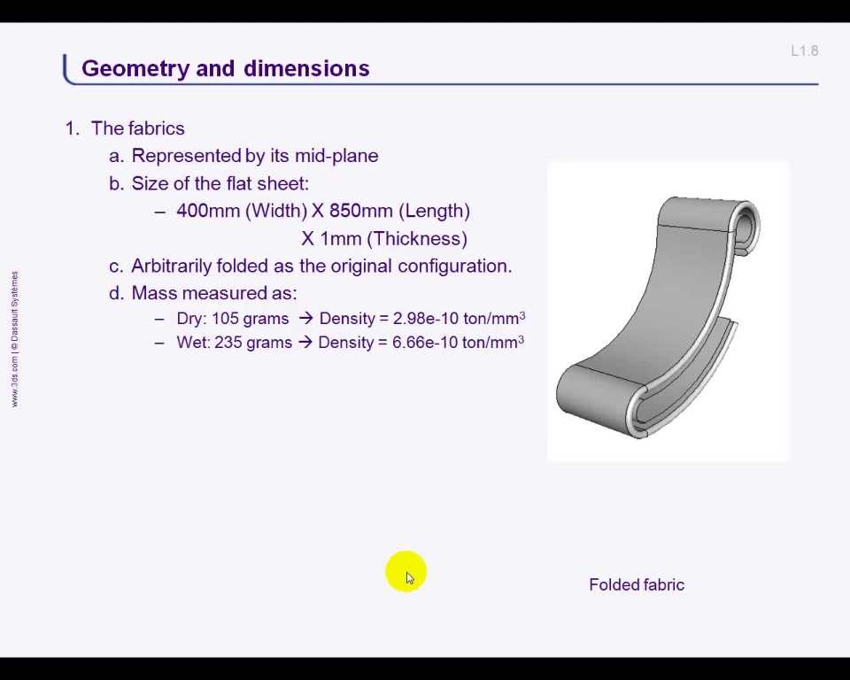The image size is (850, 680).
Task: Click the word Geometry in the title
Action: (135, 69)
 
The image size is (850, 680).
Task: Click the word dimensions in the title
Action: (306, 68)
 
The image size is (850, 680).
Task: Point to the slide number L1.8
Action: (805, 51)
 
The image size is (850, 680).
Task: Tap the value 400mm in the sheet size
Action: (208, 211)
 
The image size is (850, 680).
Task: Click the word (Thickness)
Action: (417, 238)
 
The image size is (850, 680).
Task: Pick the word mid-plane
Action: (336, 156)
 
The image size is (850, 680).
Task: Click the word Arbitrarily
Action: (171, 266)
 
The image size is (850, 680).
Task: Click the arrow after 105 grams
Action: (305, 319)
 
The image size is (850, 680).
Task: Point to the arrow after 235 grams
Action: (305, 342)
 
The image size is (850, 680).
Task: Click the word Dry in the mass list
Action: (190, 319)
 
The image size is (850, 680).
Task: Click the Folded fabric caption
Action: (637, 584)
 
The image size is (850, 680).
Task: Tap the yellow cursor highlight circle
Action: (406, 572)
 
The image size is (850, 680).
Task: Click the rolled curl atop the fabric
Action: (746, 225)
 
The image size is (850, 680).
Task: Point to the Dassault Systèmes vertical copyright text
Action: (15, 339)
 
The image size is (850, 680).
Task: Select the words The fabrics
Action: (138, 128)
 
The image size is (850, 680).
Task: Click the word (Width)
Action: (276, 211)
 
